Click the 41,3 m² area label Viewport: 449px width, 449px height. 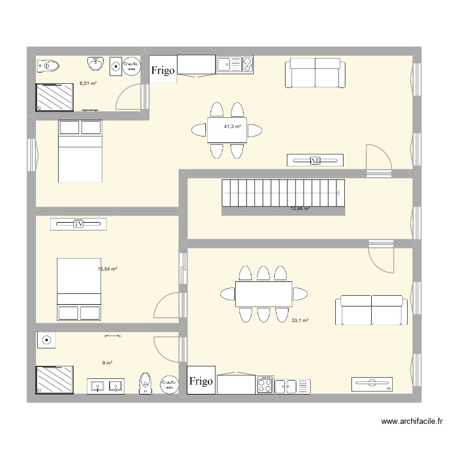(x=232, y=127)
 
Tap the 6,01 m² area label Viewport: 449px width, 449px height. (x=88, y=84)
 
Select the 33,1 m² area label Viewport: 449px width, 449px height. (x=300, y=321)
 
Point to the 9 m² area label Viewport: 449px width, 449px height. (x=107, y=363)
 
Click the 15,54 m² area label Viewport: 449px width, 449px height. (x=107, y=269)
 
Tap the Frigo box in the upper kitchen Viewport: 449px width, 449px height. (x=163, y=71)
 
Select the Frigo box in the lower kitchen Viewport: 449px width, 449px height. (x=201, y=381)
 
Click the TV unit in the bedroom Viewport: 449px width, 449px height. (x=78, y=224)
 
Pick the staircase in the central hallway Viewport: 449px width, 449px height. (x=283, y=193)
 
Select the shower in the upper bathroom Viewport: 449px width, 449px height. (x=54, y=97)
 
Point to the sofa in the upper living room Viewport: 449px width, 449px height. (x=315, y=73)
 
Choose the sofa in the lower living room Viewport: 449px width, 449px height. (x=371, y=310)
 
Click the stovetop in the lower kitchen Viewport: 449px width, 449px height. (x=265, y=384)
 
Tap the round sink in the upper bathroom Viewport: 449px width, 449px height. (x=95, y=63)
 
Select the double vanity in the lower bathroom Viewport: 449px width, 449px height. (x=106, y=386)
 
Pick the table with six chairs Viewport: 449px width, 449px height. (x=263, y=293)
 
